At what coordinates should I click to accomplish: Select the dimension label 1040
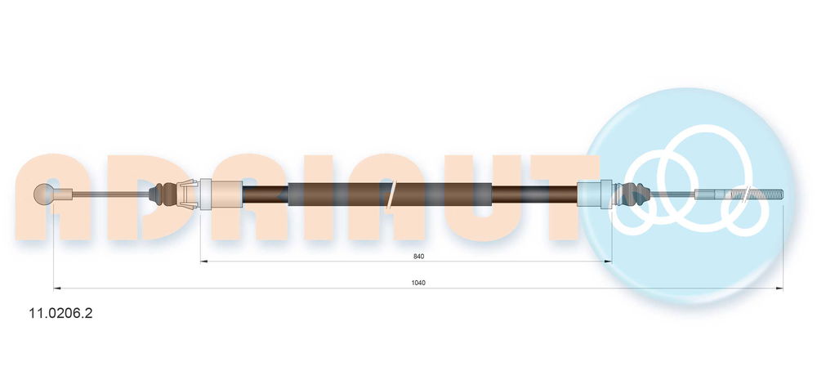(418, 283)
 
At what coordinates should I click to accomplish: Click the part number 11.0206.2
(61, 313)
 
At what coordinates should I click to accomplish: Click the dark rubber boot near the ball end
(163, 194)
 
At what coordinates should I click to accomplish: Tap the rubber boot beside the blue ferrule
(632, 194)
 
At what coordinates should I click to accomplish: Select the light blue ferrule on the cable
(595, 194)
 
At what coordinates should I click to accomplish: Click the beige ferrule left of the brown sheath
(221, 194)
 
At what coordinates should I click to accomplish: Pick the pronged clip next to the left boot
(188, 194)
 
